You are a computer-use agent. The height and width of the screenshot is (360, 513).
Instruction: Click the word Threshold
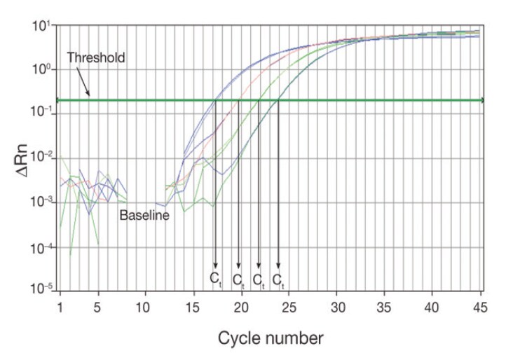click(96, 58)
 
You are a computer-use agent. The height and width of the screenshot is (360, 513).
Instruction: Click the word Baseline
click(144, 215)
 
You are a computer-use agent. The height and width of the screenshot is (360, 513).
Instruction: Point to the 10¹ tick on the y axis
click(39, 27)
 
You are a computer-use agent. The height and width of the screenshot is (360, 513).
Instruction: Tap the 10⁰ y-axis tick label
click(39, 71)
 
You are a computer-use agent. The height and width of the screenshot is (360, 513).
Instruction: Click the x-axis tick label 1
click(60, 307)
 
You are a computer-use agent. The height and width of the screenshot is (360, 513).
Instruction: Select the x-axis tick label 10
click(145, 307)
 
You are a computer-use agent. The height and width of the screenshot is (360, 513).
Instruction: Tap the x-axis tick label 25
click(289, 307)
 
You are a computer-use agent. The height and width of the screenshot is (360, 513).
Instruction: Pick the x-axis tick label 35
click(385, 307)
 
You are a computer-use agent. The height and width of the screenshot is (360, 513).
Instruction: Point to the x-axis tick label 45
click(481, 307)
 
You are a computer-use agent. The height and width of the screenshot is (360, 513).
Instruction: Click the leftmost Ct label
click(216, 279)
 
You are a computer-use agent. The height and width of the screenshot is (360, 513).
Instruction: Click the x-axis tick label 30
click(337, 307)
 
